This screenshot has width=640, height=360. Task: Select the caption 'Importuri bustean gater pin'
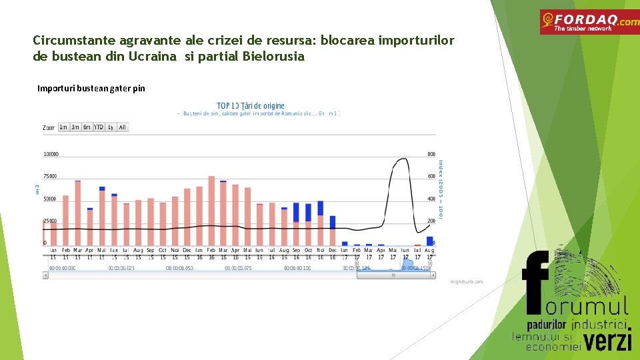click(x=91, y=88)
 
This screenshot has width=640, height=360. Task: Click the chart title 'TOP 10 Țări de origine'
click(x=251, y=105)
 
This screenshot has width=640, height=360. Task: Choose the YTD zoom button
click(x=99, y=127)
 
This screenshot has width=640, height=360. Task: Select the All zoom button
click(x=122, y=127)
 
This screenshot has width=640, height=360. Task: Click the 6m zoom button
click(x=87, y=127)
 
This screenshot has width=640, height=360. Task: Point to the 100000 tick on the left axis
click(x=51, y=154)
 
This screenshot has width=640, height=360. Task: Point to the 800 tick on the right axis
click(x=431, y=154)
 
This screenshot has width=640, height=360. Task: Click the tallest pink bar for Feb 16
click(x=211, y=211)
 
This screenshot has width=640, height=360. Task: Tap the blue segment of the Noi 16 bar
click(x=320, y=207)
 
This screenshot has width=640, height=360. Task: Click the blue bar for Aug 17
click(x=430, y=241)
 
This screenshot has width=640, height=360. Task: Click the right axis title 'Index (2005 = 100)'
click(x=441, y=189)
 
